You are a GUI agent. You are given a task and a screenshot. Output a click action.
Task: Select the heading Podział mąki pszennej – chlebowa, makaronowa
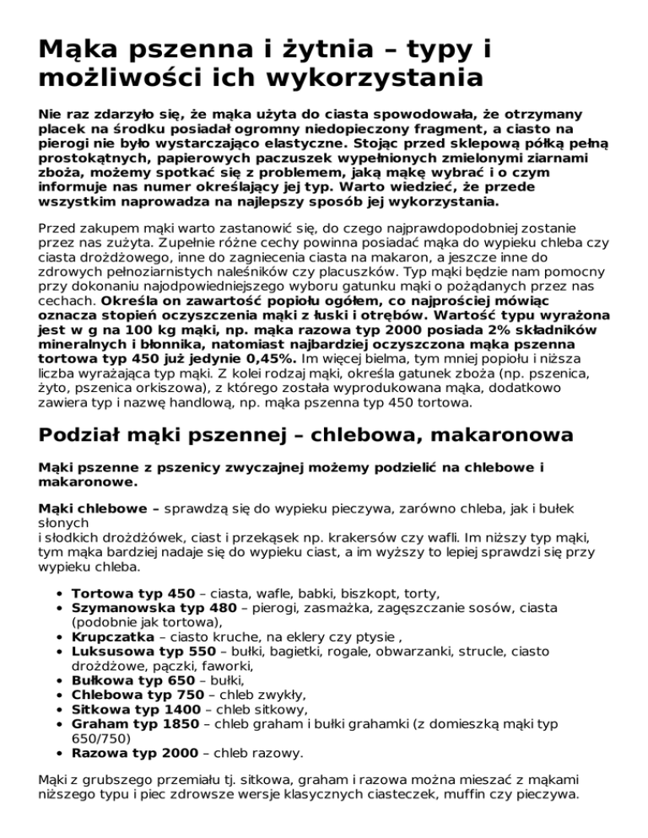pos(295,435)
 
